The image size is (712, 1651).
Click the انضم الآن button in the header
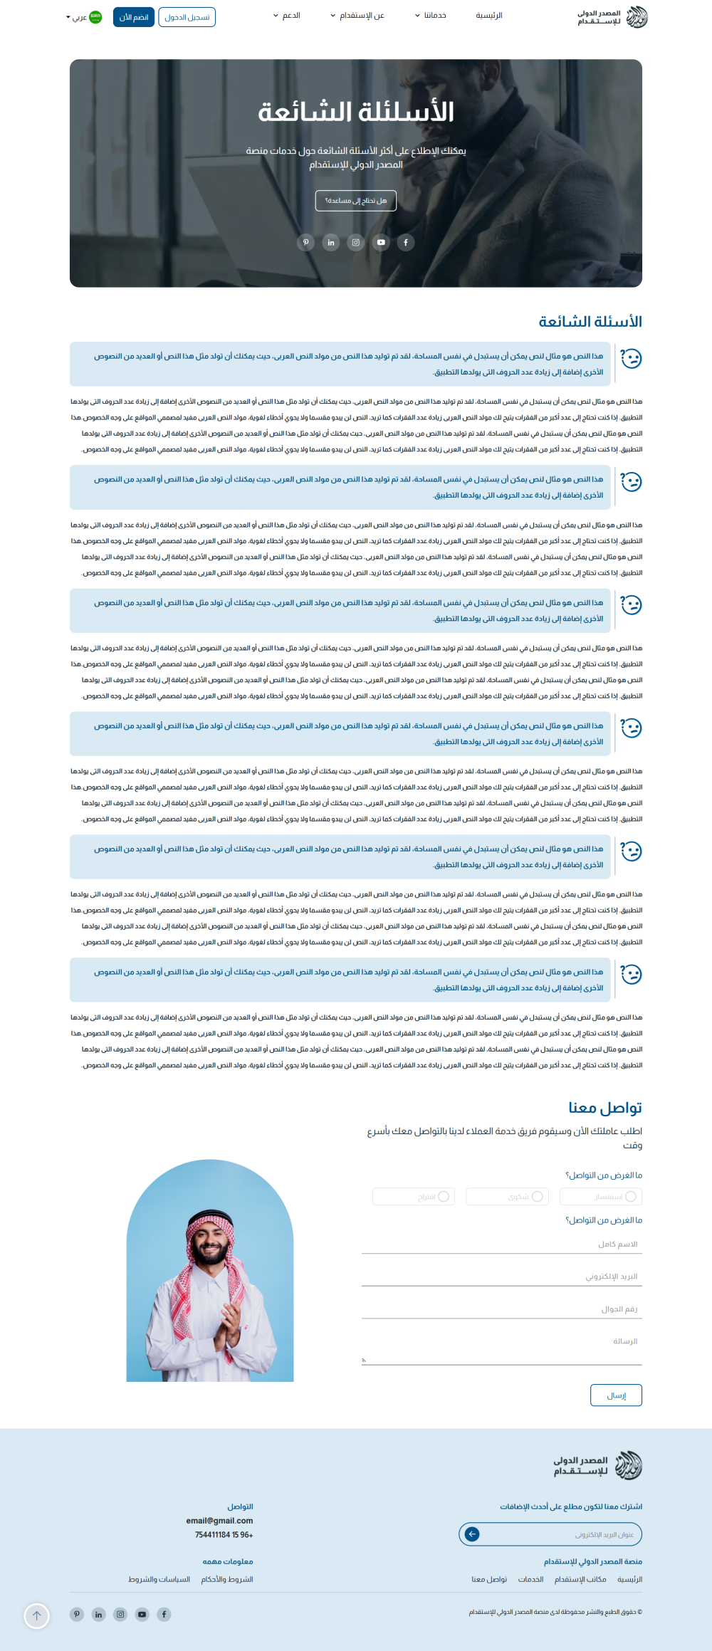coord(134,17)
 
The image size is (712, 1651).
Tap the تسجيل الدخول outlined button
coord(187,17)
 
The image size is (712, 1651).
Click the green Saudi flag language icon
coord(95,17)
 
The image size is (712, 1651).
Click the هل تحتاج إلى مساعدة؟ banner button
coord(356,201)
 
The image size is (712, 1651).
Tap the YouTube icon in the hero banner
coord(381,243)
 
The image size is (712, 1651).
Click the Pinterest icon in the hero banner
coord(306,243)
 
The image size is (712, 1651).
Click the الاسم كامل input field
coord(501,1244)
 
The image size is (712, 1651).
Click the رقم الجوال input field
coord(501,1309)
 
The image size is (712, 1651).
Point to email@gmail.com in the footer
coord(219,1521)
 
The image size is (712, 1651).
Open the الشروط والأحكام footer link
coord(226,1579)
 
